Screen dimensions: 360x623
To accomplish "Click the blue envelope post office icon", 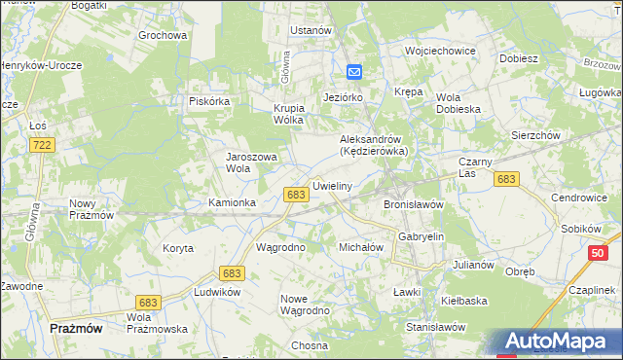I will click(x=354, y=71).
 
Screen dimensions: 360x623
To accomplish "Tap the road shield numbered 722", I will click(x=41, y=145).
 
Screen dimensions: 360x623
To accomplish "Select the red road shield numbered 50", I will click(x=597, y=253).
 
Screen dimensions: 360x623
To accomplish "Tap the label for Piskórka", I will click(x=209, y=101).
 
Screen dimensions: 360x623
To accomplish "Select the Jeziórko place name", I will click(x=343, y=98).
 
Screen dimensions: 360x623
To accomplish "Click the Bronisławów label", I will click(x=414, y=205).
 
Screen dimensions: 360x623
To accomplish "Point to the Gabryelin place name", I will click(x=421, y=236).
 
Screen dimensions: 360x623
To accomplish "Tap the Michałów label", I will click(x=360, y=247).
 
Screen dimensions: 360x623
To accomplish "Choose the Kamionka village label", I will click(x=233, y=202).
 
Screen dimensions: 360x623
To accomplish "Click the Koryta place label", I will click(x=177, y=248).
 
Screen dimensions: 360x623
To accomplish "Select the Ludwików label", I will click(x=217, y=292).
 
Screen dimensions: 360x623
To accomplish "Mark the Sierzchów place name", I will click(x=535, y=136).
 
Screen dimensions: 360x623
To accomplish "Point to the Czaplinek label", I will click(x=588, y=291).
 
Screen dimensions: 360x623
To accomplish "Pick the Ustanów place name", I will click(x=311, y=30).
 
